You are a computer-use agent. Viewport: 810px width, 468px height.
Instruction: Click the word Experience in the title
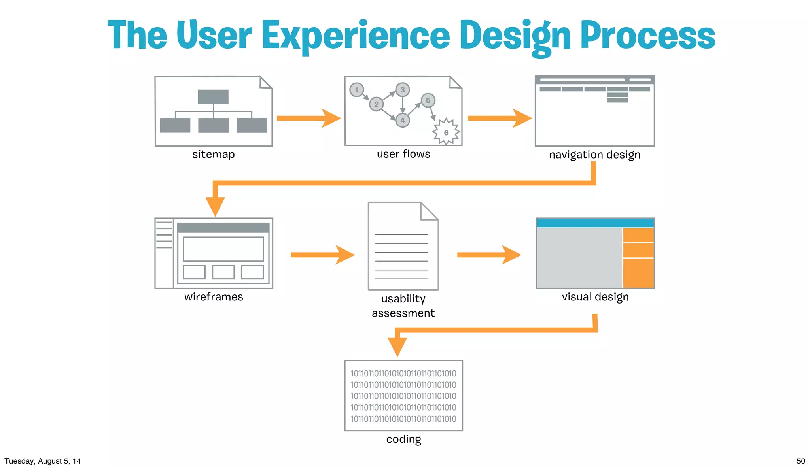click(356, 36)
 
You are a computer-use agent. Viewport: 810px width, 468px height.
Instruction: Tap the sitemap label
click(213, 154)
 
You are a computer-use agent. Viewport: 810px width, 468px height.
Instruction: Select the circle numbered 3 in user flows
click(402, 90)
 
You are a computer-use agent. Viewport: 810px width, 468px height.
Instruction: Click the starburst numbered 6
click(446, 132)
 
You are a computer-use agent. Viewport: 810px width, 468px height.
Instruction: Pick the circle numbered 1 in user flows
click(356, 90)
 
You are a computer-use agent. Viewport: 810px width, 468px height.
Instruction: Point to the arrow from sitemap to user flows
click(308, 118)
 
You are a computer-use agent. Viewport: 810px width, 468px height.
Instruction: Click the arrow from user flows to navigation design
click(500, 118)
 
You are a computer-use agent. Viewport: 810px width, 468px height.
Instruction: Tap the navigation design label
click(594, 155)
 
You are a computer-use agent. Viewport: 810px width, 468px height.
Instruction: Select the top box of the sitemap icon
click(213, 97)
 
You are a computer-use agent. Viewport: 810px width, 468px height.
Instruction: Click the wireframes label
click(214, 297)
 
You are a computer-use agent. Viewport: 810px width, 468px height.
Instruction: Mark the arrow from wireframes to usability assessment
click(322, 255)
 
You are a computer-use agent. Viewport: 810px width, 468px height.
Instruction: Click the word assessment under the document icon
click(403, 313)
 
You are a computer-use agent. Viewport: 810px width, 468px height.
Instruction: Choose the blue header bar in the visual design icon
click(595, 223)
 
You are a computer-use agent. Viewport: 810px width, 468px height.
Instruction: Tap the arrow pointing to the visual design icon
click(489, 255)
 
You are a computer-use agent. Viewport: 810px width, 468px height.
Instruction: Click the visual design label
click(595, 297)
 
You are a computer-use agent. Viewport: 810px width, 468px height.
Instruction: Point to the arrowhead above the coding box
click(397, 346)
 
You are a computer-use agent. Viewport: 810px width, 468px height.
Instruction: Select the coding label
click(403, 439)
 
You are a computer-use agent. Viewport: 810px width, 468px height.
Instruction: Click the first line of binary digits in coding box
click(403, 374)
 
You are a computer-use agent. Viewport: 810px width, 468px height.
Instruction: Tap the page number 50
click(801, 461)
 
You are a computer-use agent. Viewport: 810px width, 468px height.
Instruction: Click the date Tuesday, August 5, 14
click(43, 461)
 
